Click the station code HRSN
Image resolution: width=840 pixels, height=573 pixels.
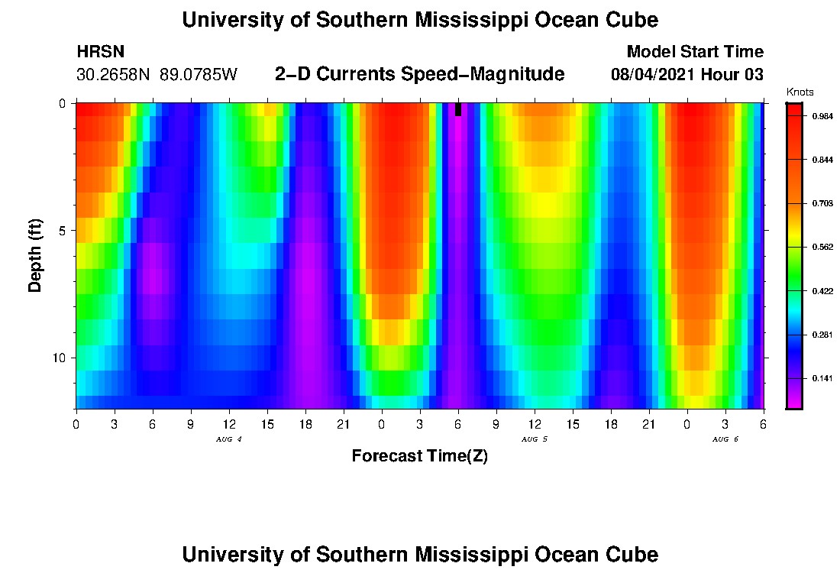(101, 52)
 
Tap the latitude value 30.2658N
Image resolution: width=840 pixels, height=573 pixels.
(115, 75)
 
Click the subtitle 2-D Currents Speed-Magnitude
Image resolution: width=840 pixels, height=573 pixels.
(419, 74)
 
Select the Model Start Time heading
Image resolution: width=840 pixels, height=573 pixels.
(694, 52)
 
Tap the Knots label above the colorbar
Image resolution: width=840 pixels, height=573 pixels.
(800, 92)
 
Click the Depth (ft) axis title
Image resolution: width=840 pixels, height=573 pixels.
(35, 256)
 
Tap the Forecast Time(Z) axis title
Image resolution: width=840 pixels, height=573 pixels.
(419, 456)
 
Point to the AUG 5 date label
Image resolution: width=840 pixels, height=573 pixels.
(534, 439)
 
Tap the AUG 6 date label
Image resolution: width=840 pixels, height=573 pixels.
(725, 439)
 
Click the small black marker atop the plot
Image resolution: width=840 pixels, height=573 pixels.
(457, 109)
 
